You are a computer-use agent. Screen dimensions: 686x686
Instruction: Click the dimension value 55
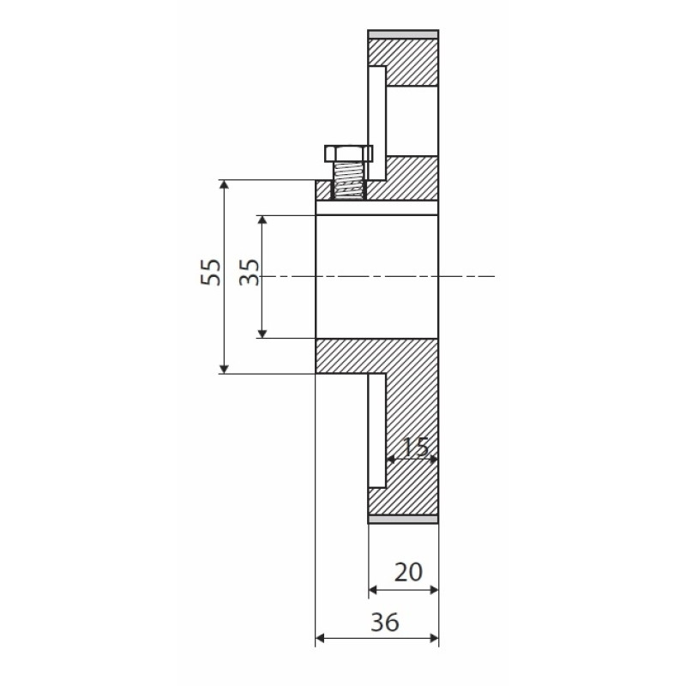(x=211, y=272)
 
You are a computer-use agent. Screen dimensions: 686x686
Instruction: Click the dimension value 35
(x=250, y=272)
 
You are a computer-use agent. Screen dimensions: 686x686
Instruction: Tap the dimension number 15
(x=414, y=447)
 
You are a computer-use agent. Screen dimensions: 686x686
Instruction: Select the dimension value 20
(x=408, y=572)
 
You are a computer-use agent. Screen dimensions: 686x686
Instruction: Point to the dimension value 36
(x=385, y=622)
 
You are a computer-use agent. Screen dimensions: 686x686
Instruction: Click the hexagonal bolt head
(x=349, y=153)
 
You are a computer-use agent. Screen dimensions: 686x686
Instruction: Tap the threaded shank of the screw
(x=349, y=181)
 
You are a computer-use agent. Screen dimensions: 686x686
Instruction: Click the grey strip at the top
(x=403, y=34)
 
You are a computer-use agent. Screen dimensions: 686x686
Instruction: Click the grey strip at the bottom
(x=403, y=519)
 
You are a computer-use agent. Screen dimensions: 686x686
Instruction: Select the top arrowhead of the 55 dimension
(x=224, y=185)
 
